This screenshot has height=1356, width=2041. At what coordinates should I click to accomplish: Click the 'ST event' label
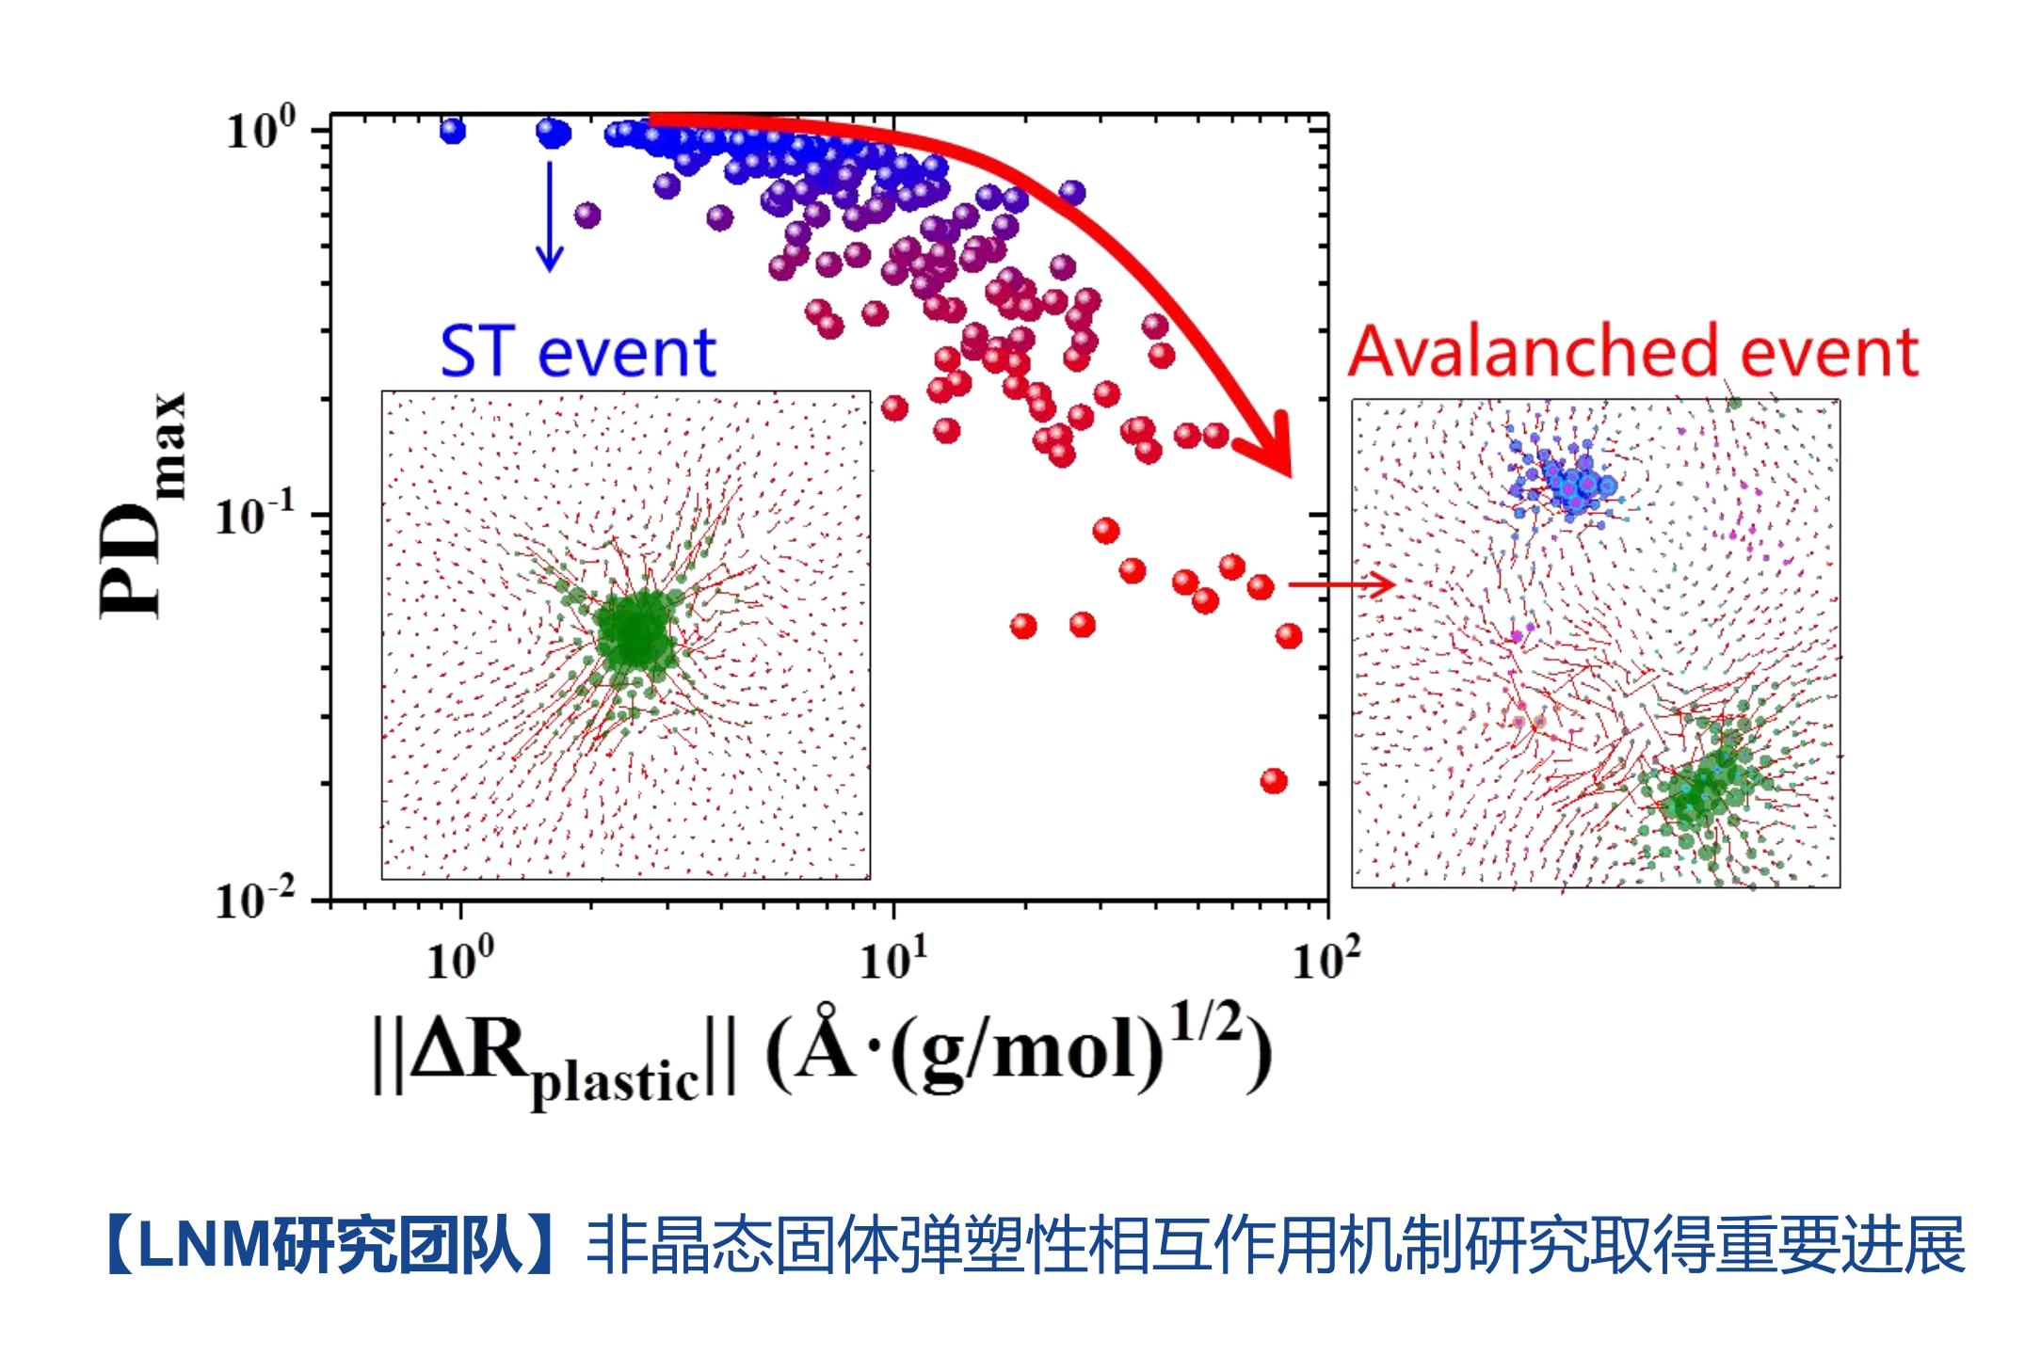[x=578, y=352]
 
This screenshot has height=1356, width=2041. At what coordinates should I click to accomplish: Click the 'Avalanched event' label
[x=1633, y=352]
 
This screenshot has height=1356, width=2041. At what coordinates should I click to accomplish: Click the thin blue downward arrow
[x=550, y=216]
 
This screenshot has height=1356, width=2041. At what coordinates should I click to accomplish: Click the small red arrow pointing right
[x=1341, y=585]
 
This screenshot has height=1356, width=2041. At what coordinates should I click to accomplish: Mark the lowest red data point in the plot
[x=1274, y=781]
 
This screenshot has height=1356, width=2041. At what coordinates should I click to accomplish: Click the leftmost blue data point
[x=453, y=131]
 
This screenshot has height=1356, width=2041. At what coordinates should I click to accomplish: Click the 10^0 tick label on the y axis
[x=261, y=130]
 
